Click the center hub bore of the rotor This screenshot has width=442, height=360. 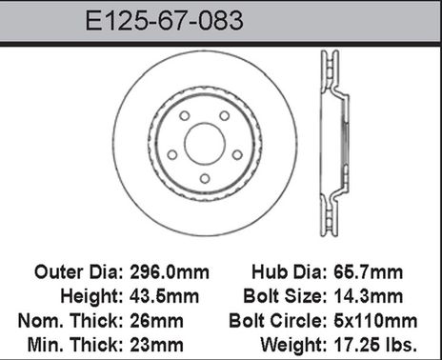pos(204,144)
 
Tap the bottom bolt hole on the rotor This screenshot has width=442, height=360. pos(204,179)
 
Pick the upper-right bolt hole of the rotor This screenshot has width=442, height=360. pos(225,116)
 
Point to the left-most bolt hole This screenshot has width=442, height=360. pos(171,155)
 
